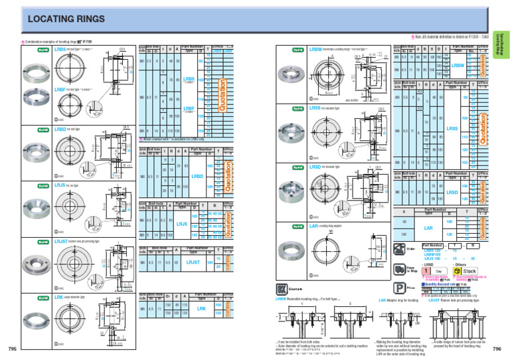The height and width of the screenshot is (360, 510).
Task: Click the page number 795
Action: (12, 349)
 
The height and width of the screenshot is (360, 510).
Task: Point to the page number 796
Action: (497, 349)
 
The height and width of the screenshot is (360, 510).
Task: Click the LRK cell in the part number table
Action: (202, 309)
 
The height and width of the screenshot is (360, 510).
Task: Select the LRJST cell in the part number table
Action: (193, 263)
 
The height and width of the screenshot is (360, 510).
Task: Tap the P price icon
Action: (400, 288)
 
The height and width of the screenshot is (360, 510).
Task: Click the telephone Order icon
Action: (400, 248)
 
